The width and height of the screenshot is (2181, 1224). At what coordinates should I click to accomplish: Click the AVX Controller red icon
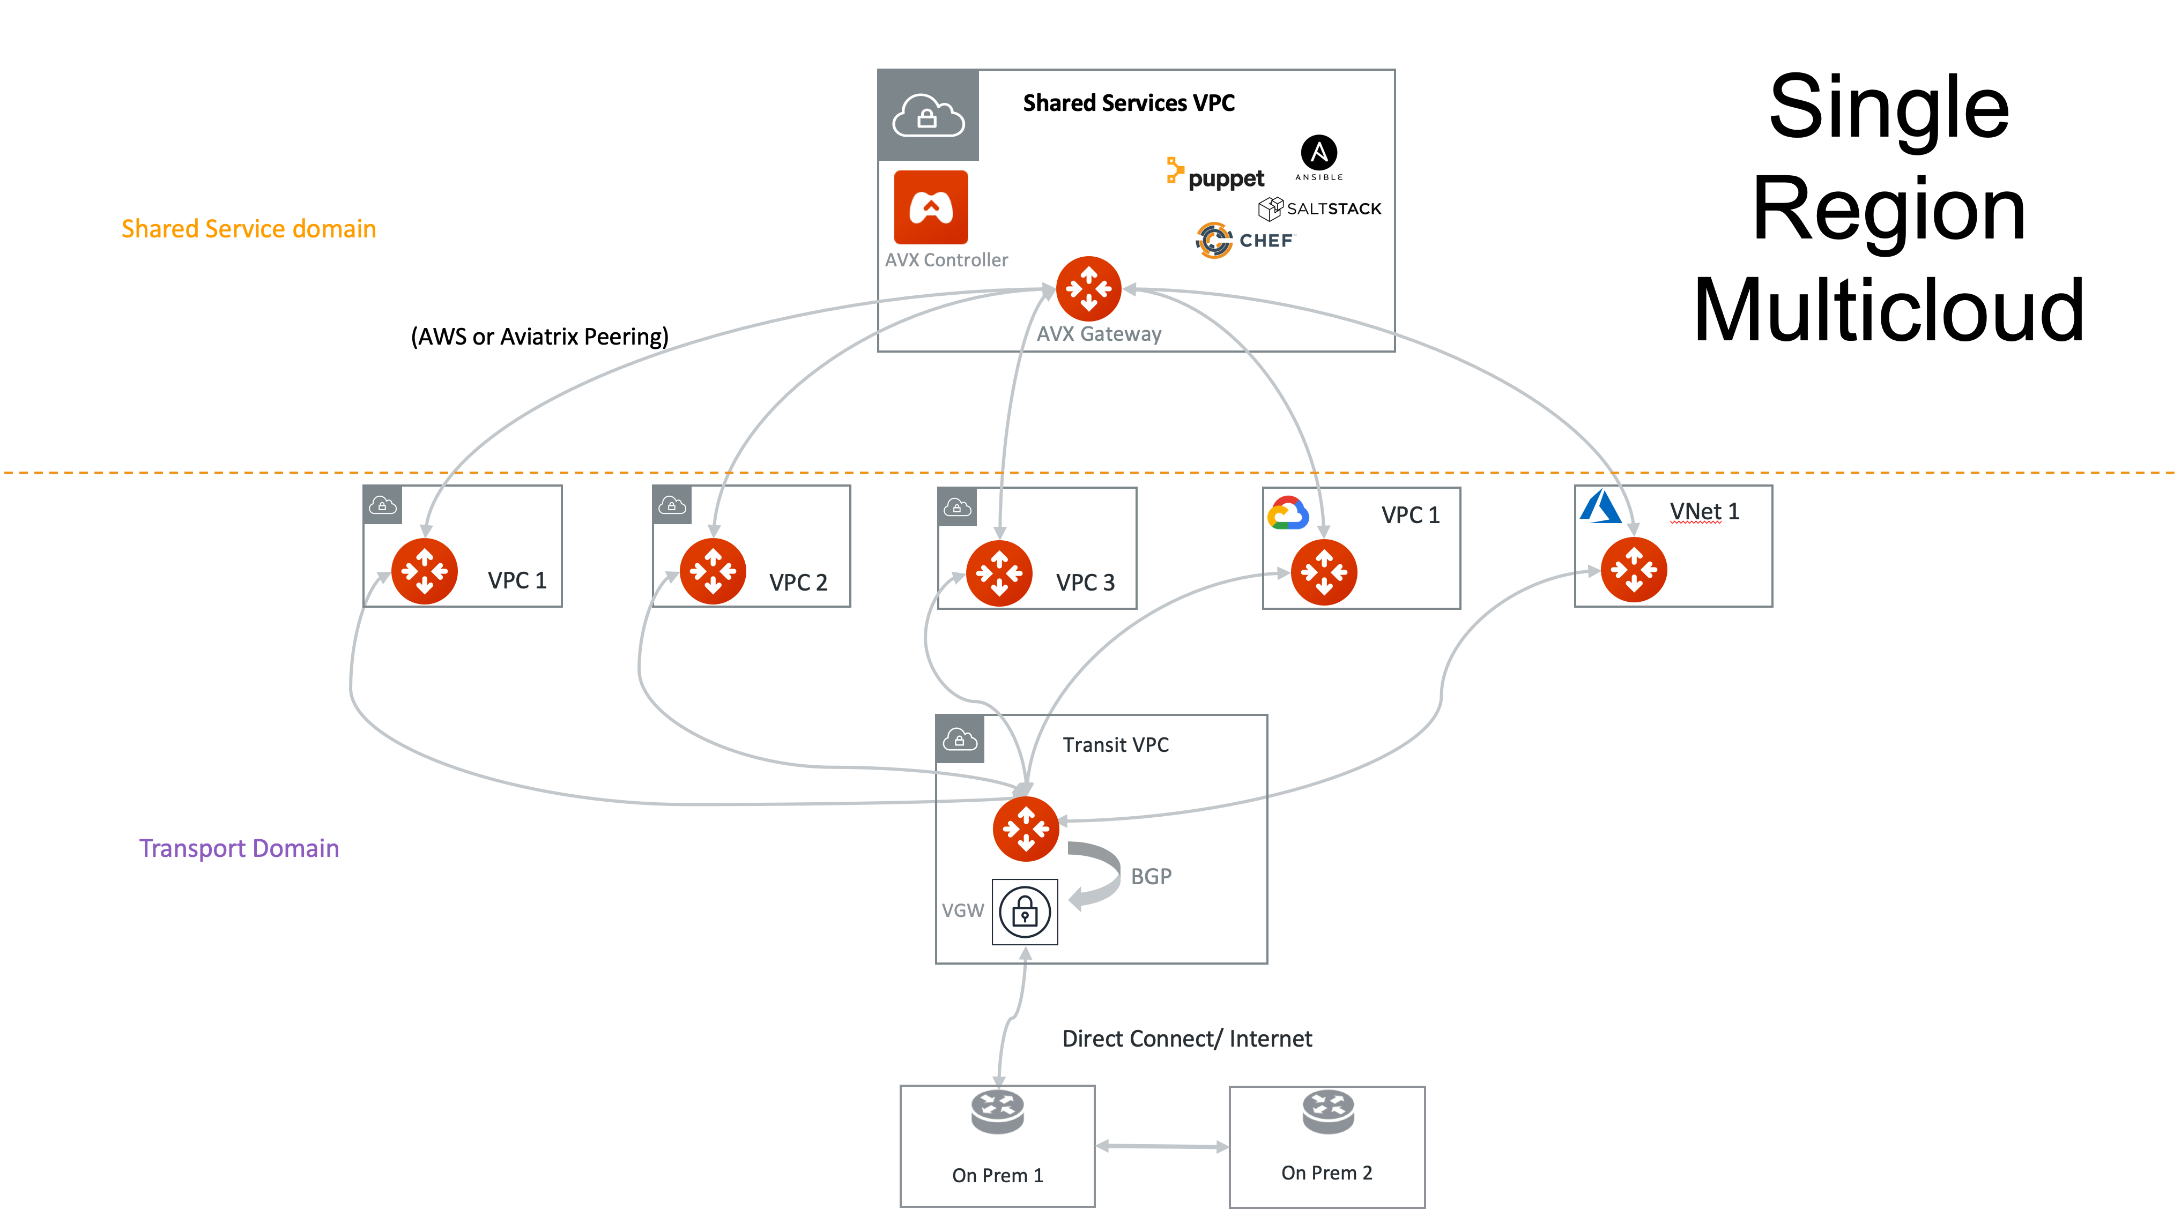click(931, 207)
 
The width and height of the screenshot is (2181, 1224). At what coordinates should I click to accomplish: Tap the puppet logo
click(1216, 175)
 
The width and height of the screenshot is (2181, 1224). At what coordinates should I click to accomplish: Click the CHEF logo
click(1244, 241)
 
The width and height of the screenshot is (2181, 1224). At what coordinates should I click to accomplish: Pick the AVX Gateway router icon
click(1089, 289)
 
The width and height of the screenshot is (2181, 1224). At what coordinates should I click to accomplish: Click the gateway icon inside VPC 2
click(713, 571)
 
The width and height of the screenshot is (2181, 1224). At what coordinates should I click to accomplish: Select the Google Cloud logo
click(1288, 513)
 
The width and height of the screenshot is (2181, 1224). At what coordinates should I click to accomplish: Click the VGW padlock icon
click(1025, 912)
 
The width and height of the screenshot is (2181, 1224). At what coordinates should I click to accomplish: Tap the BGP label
click(1151, 877)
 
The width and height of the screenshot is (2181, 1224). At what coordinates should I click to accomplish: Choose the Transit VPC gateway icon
click(1025, 829)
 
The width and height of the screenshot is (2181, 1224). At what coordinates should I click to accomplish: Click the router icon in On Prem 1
click(997, 1111)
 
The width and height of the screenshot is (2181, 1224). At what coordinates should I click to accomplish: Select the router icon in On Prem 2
click(1327, 1110)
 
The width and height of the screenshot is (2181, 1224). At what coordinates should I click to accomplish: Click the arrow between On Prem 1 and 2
click(1162, 1147)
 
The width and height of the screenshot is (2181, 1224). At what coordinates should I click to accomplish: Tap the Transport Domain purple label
click(239, 848)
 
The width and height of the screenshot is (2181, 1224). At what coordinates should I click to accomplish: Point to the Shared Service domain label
click(248, 228)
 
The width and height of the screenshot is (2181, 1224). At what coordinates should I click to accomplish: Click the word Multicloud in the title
click(1888, 311)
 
